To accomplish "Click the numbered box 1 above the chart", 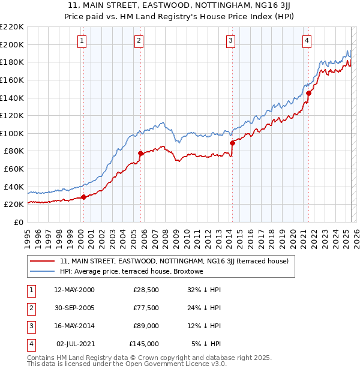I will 82,41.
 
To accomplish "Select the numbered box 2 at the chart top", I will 139,41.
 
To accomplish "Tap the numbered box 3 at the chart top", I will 230,41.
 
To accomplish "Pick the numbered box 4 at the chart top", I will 306,41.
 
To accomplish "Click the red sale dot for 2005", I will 141,153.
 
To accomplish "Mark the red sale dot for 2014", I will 232,143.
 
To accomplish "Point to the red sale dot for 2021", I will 308,93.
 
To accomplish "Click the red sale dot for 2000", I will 84,196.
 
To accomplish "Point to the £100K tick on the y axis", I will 12,133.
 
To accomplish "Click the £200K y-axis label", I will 12,44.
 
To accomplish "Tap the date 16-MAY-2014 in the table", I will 74,326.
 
